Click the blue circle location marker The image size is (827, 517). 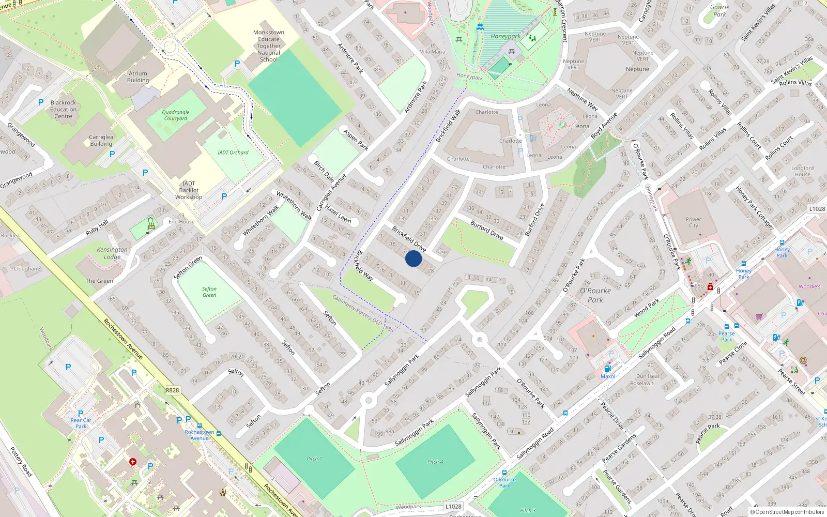pos(413,258)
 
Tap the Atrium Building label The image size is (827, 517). pos(138,77)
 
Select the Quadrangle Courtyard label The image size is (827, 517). pos(176,115)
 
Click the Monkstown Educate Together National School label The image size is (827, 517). pos(269,46)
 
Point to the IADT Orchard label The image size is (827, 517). pos(233,153)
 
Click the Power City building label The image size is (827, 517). pos(693,222)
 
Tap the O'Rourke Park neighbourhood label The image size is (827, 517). pos(595,295)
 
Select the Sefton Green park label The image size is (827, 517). pos(209,292)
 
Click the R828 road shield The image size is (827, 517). pos(173,390)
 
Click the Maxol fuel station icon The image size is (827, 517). pos(608,369)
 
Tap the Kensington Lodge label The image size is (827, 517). pos(112,253)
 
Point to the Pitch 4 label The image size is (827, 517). pos(435,462)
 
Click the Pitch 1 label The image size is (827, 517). pos(314,459)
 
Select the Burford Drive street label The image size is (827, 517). pos(487,230)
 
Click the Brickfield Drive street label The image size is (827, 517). pos(409,238)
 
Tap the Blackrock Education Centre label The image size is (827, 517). pos(64,110)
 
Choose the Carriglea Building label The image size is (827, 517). pos(101,141)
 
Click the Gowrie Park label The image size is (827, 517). pos(719,11)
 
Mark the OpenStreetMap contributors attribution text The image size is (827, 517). pos(787,512)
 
